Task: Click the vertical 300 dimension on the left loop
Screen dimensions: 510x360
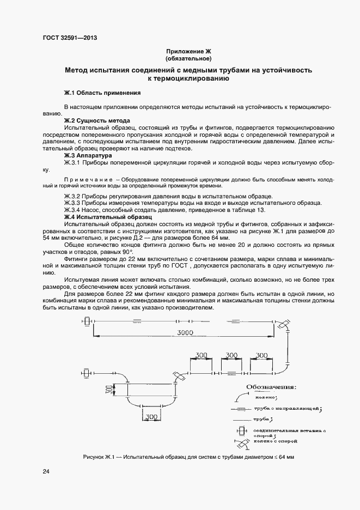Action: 109,390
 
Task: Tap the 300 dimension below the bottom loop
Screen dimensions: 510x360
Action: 152,417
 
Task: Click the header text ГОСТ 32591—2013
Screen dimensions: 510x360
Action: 70,38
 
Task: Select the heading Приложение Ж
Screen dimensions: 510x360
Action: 188,51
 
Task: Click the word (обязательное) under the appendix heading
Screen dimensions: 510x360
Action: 188,58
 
